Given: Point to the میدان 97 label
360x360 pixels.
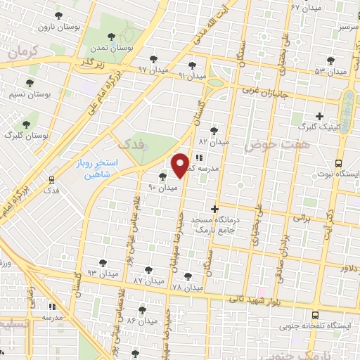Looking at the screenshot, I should [154, 70].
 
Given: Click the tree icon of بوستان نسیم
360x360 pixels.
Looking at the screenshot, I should [30, 83].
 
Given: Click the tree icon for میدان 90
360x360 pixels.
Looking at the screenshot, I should [164, 176].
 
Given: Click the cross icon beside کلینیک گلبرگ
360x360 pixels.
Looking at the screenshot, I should [319, 116].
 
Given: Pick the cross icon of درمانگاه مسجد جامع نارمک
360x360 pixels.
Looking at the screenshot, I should [215, 208].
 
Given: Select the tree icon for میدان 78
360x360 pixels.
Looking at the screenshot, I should [187, 276].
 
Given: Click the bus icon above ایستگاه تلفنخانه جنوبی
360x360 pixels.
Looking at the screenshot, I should [314, 316].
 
